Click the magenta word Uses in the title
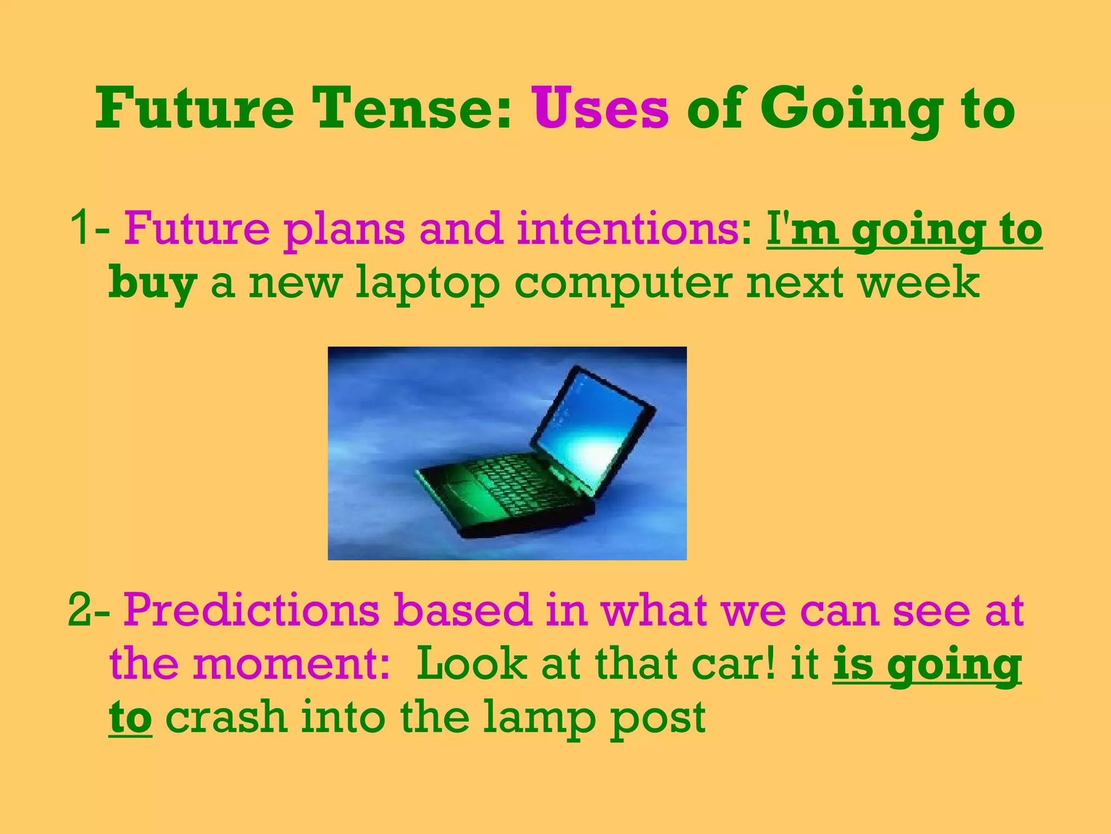(x=601, y=109)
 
